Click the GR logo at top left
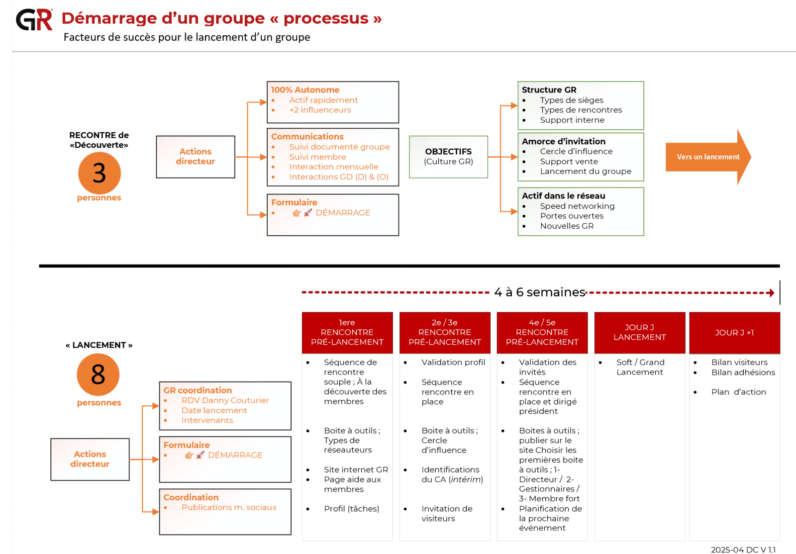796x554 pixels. tap(34, 20)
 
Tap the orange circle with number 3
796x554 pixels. tap(99, 173)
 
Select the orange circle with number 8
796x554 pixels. tap(98, 374)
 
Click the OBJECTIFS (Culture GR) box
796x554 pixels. tap(448, 157)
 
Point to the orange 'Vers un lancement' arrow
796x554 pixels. tap(708, 157)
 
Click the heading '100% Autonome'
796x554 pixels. tap(305, 90)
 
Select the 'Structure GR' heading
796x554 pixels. tap(549, 90)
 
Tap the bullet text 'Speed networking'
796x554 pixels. tap(577, 206)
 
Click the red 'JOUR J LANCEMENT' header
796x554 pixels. tap(639, 332)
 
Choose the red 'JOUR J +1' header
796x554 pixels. tap(734, 333)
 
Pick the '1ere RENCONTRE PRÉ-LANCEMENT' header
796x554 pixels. tap(347, 332)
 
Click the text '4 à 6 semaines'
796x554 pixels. tap(539, 292)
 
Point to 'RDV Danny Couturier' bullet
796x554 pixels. tap(225, 400)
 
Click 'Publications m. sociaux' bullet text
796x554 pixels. tap(229, 507)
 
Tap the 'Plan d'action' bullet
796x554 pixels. tap(738, 392)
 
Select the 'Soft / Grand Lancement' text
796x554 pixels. tap(640, 367)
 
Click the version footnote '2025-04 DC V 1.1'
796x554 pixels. tap(743, 550)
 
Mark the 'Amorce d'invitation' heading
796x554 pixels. tap(563, 142)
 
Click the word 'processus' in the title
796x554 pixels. tap(326, 18)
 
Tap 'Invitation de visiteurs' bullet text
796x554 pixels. tap(446, 513)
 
